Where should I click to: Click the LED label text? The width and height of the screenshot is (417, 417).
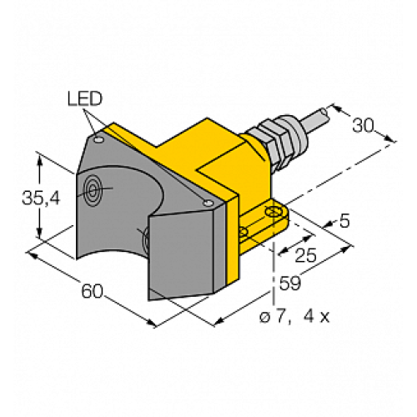pyautogui.click(x=83, y=100)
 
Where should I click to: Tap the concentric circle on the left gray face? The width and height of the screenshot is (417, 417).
pyautogui.click(x=92, y=192)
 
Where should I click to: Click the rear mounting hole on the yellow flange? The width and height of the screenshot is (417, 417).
pyautogui.click(x=273, y=214)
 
